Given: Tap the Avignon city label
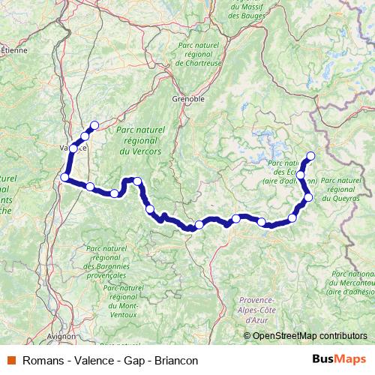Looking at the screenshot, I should coord(61,337).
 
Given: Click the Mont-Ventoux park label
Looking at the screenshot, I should coord(123,296).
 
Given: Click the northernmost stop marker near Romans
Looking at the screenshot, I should coord(94,125).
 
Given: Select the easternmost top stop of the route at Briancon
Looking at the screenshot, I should coord(310,156).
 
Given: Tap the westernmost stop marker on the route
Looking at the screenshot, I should coord(65,177).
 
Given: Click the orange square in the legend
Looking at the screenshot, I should coord(11,360).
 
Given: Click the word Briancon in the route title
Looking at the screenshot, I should coord(176,360).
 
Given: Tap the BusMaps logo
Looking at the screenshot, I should coord(339,359).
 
